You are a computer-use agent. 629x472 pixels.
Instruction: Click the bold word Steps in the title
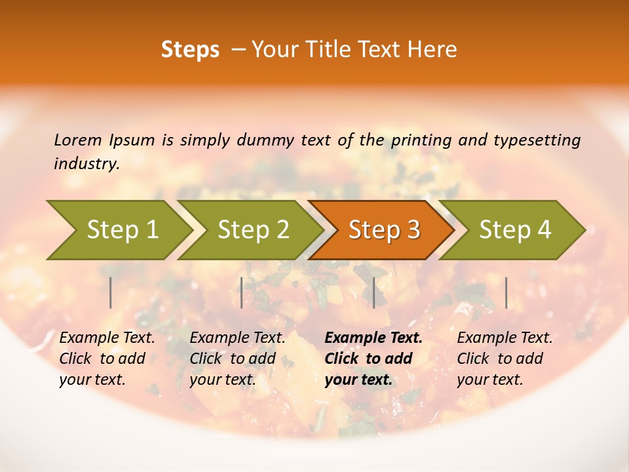point(190,50)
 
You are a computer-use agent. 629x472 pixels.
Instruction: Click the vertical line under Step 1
point(111,292)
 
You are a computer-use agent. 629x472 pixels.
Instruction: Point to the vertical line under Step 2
point(242,292)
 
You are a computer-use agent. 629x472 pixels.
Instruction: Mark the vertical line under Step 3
point(374,292)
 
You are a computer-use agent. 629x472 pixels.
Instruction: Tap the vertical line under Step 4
point(506,292)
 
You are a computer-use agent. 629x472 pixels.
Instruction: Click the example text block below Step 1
point(107,359)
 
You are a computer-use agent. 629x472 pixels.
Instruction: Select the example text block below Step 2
point(237,359)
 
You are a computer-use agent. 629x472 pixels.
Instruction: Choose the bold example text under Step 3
point(373,359)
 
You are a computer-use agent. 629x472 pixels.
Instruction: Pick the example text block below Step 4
point(505,359)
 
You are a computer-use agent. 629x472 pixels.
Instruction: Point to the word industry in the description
point(86,164)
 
